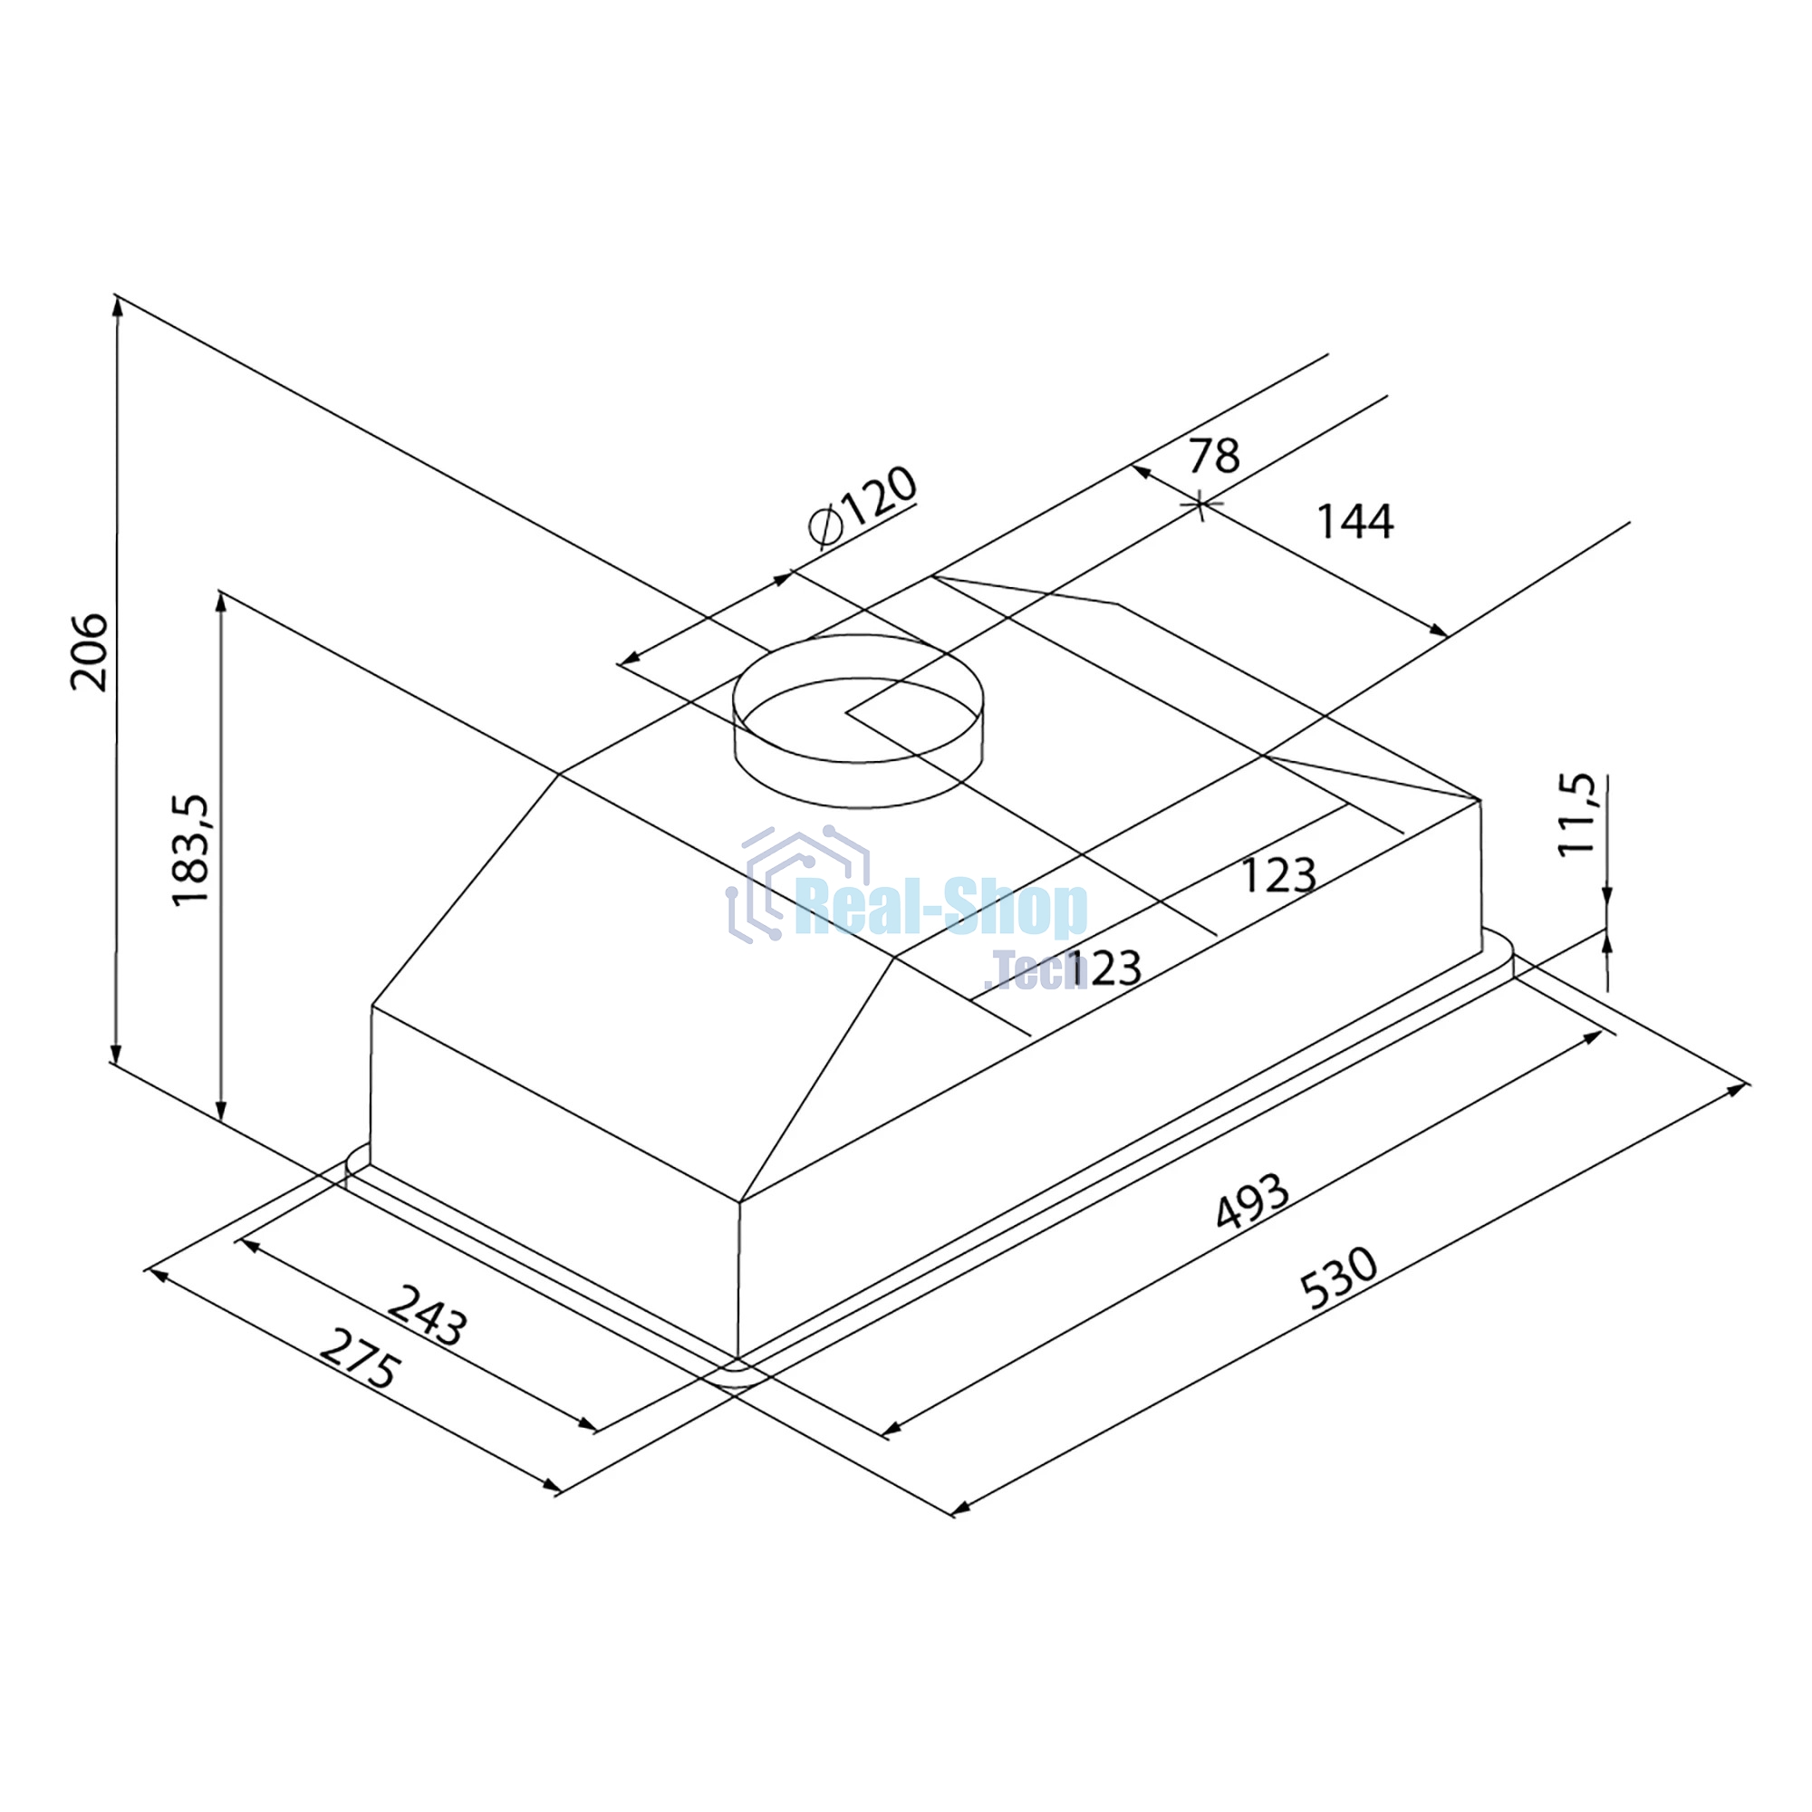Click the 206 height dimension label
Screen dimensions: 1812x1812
pyautogui.click(x=89, y=652)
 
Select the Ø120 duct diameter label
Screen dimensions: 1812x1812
pyautogui.click(x=862, y=506)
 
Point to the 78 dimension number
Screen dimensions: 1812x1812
pyautogui.click(x=1214, y=456)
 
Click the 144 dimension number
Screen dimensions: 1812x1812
pyautogui.click(x=1355, y=522)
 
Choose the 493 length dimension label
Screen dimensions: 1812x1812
pyautogui.click(x=1253, y=1201)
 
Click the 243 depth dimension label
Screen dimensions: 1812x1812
pyautogui.click(x=428, y=1316)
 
